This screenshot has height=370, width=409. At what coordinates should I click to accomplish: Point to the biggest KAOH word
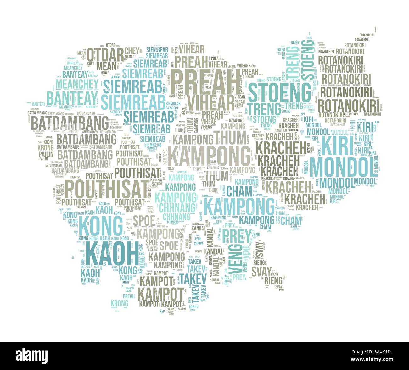click(x=112, y=253)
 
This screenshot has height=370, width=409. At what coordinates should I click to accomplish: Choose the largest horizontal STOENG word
click(x=279, y=92)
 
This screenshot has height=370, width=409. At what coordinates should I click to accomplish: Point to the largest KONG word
click(x=101, y=225)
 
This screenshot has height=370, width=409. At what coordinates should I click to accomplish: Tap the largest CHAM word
click(x=239, y=191)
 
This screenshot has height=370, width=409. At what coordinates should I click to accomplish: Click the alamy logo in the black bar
click(x=32, y=355)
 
